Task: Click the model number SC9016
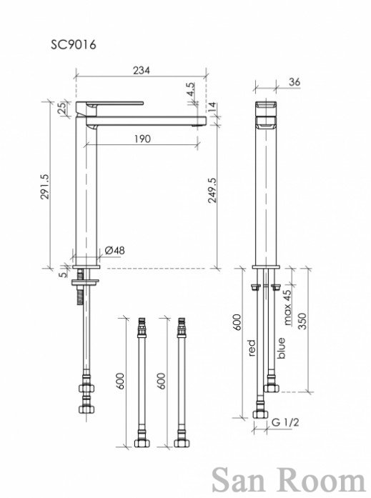74,44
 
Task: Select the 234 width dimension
142,70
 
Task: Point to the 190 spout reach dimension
142,139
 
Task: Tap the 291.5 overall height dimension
45,186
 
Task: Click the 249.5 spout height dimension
212,190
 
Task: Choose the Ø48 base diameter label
114,250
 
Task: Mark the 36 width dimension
295,81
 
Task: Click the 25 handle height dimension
63,108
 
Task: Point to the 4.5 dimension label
190,89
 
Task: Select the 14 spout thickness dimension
212,107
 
